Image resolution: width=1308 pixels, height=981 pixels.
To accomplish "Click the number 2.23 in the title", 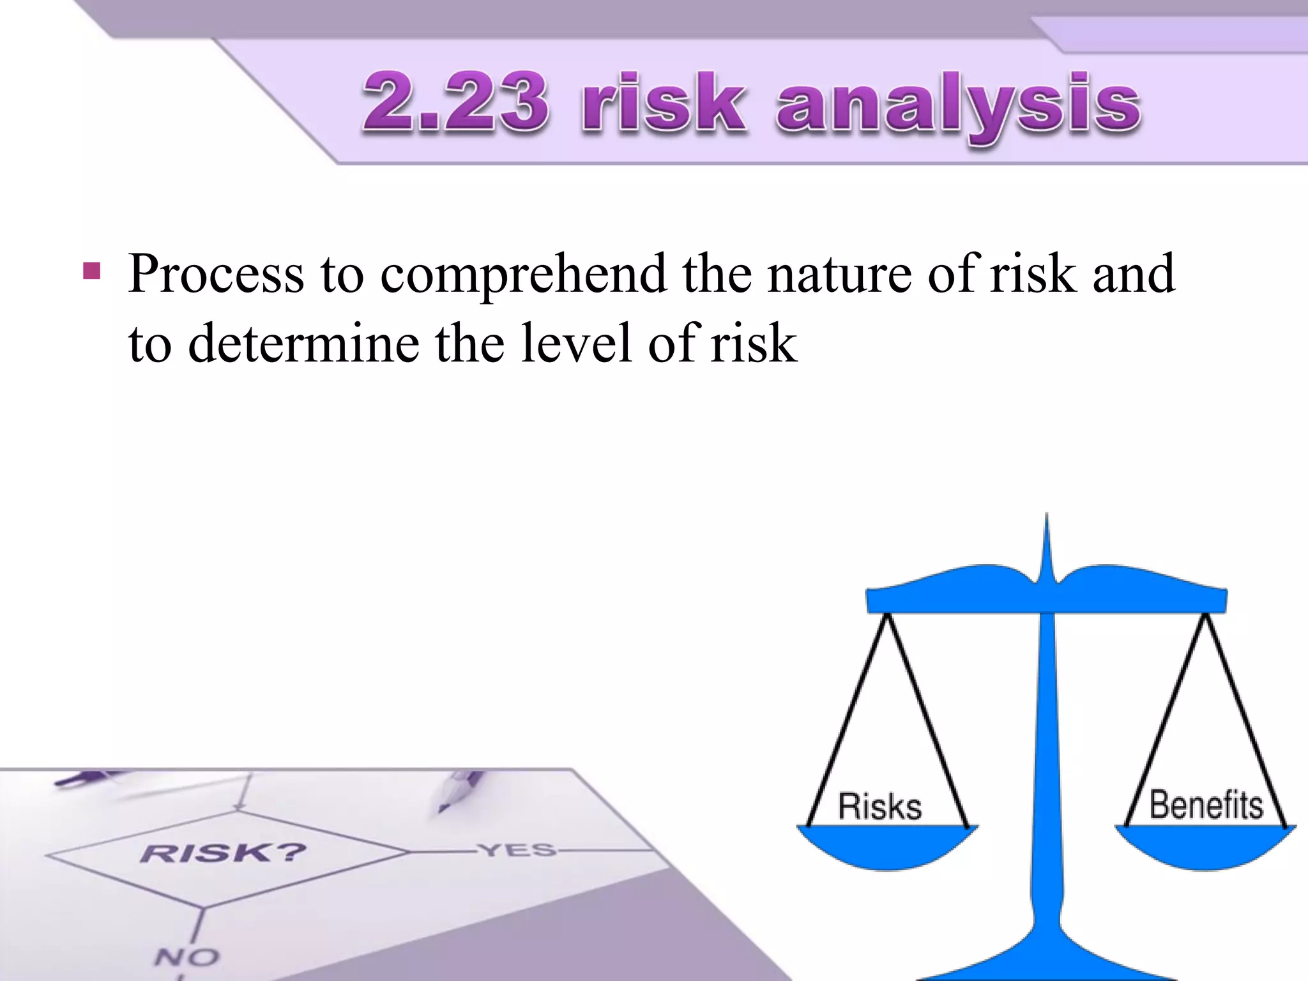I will coord(455,102).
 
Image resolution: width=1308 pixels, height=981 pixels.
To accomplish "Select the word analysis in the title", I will coord(958,105).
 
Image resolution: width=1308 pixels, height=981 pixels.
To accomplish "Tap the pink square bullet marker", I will coord(91,271).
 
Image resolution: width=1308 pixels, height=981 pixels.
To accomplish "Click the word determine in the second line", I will coord(304,344).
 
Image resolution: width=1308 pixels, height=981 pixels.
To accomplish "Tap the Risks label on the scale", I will coord(879,806).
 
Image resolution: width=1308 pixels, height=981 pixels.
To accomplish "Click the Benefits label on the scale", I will coord(1206,805).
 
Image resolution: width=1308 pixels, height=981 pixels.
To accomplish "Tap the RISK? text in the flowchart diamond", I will coord(223,853).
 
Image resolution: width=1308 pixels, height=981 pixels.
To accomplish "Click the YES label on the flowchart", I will coord(518,850).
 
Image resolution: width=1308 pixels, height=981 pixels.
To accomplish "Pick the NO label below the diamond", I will coord(186,957).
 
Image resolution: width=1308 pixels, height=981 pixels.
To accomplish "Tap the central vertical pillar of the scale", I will coord(1047,766).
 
